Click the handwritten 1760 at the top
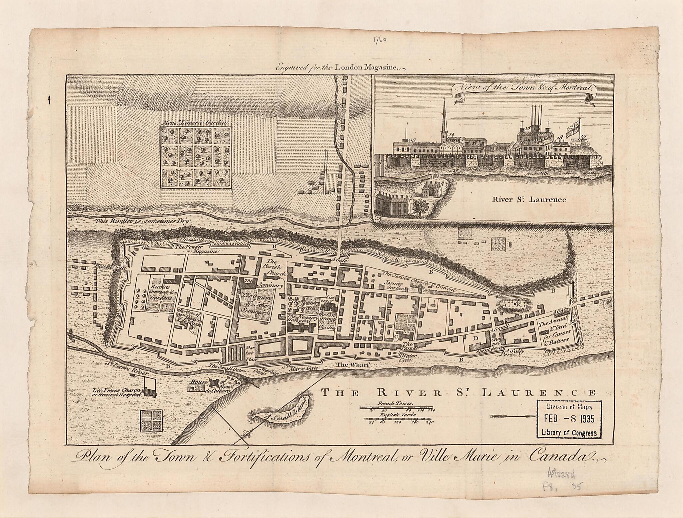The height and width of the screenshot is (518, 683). [x=379, y=40]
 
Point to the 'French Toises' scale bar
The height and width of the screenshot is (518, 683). [x=396, y=407]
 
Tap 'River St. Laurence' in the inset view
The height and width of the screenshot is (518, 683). [x=529, y=200]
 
